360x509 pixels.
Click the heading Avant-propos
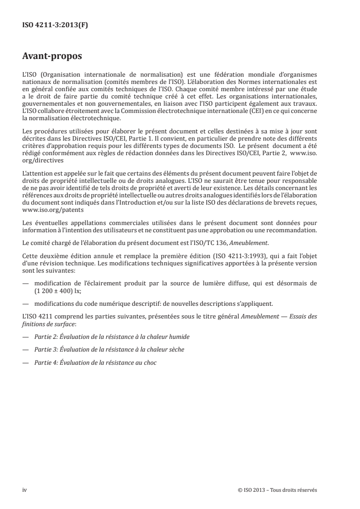(x=52, y=58)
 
